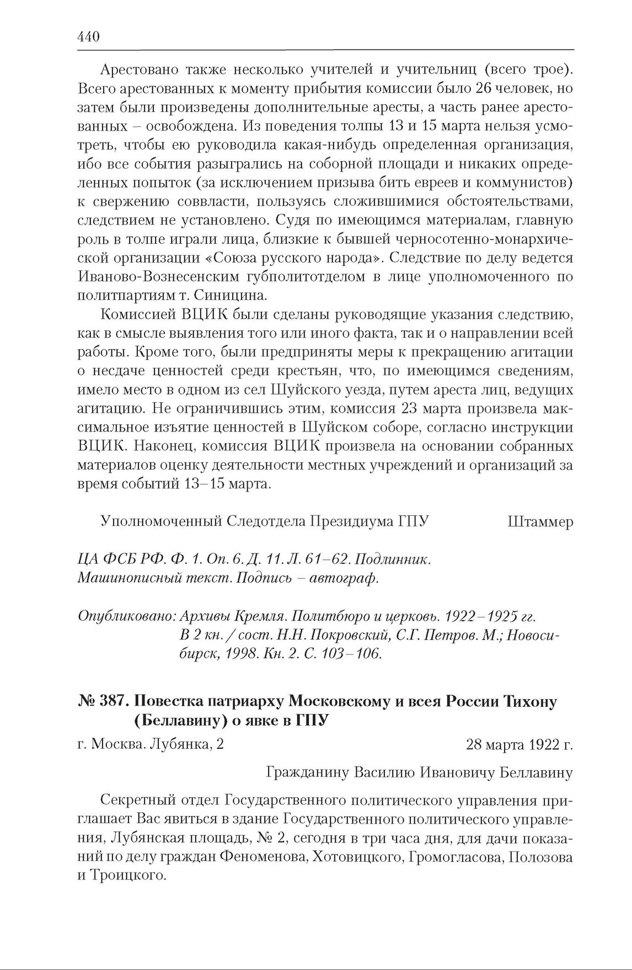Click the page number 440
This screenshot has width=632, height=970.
click(x=88, y=37)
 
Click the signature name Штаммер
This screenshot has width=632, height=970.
click(x=540, y=521)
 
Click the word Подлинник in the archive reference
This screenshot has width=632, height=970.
click(x=392, y=559)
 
